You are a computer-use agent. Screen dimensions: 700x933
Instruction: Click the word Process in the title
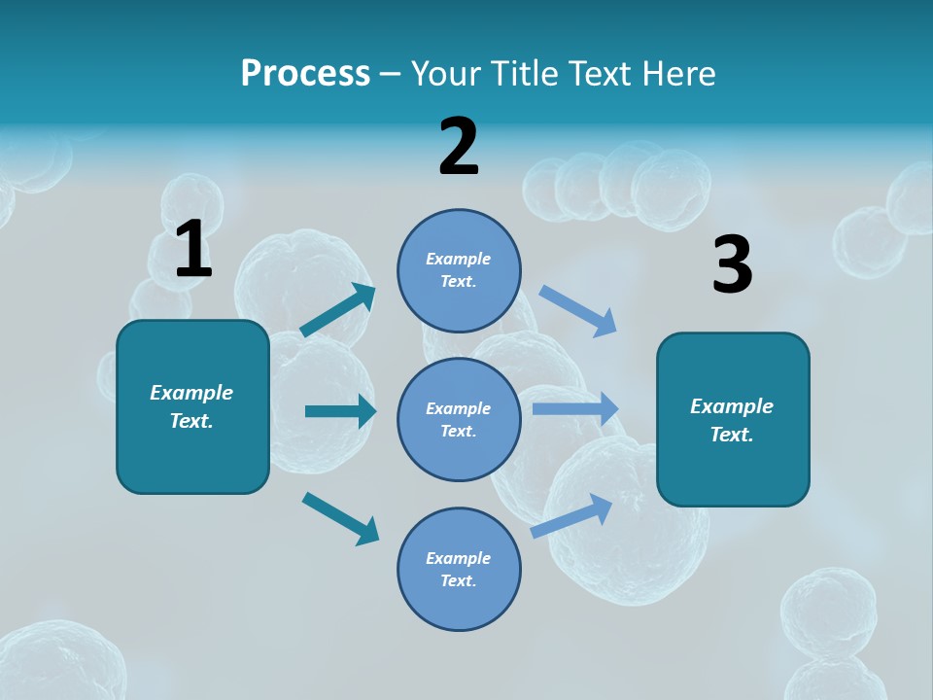click(305, 74)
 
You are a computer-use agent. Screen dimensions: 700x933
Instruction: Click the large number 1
click(193, 249)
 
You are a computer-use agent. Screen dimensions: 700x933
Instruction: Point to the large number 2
click(459, 147)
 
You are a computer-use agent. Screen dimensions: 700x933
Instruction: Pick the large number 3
click(732, 264)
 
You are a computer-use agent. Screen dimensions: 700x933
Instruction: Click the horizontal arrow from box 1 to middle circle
click(340, 411)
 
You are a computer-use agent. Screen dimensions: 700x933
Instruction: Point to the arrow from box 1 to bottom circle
click(340, 517)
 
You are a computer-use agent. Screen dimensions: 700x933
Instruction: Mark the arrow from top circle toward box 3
click(578, 311)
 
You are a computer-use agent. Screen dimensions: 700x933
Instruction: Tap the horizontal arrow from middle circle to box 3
click(575, 408)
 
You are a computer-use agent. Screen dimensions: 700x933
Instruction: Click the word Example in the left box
click(191, 393)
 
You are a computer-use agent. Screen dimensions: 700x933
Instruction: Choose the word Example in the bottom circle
click(459, 558)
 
